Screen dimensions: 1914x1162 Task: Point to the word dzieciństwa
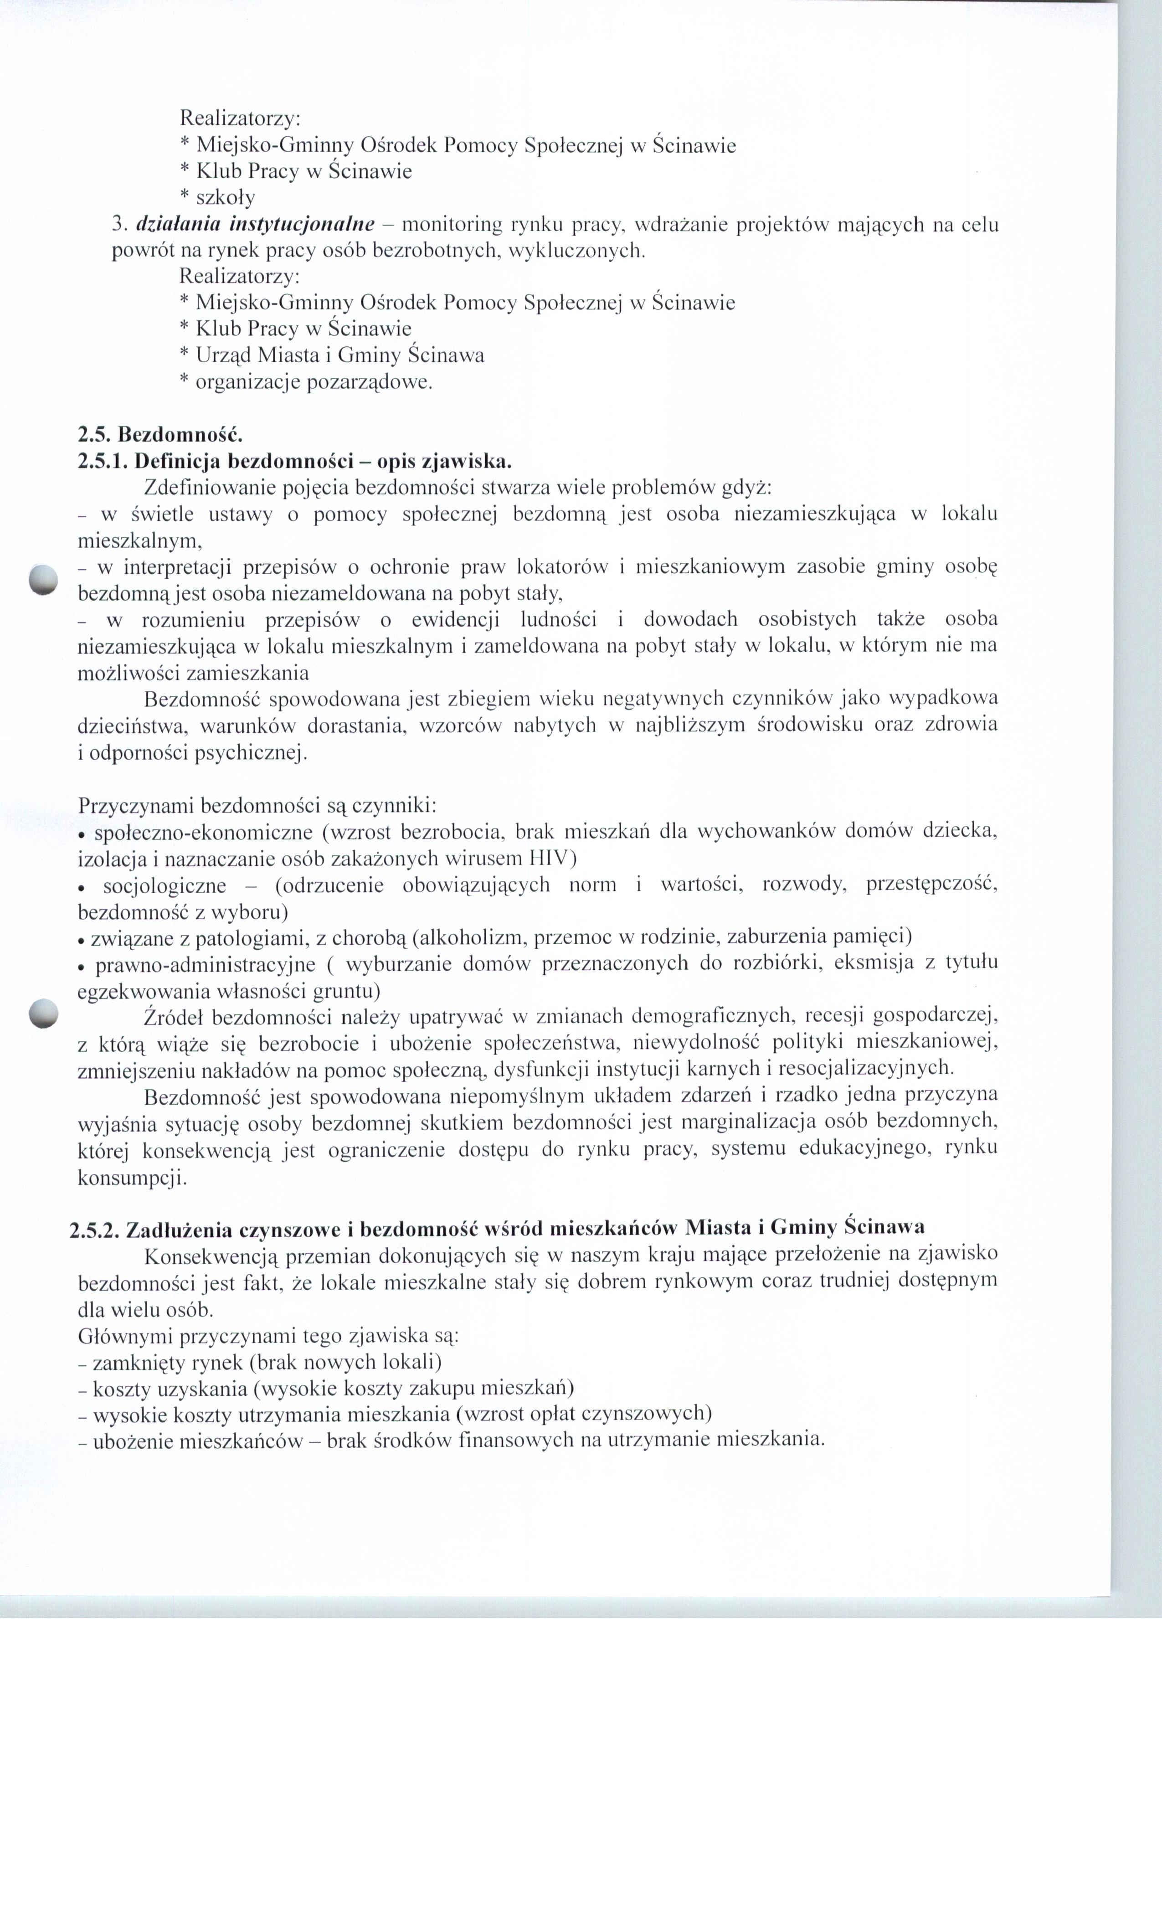(x=132, y=725)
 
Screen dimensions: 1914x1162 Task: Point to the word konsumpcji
(x=131, y=1178)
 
